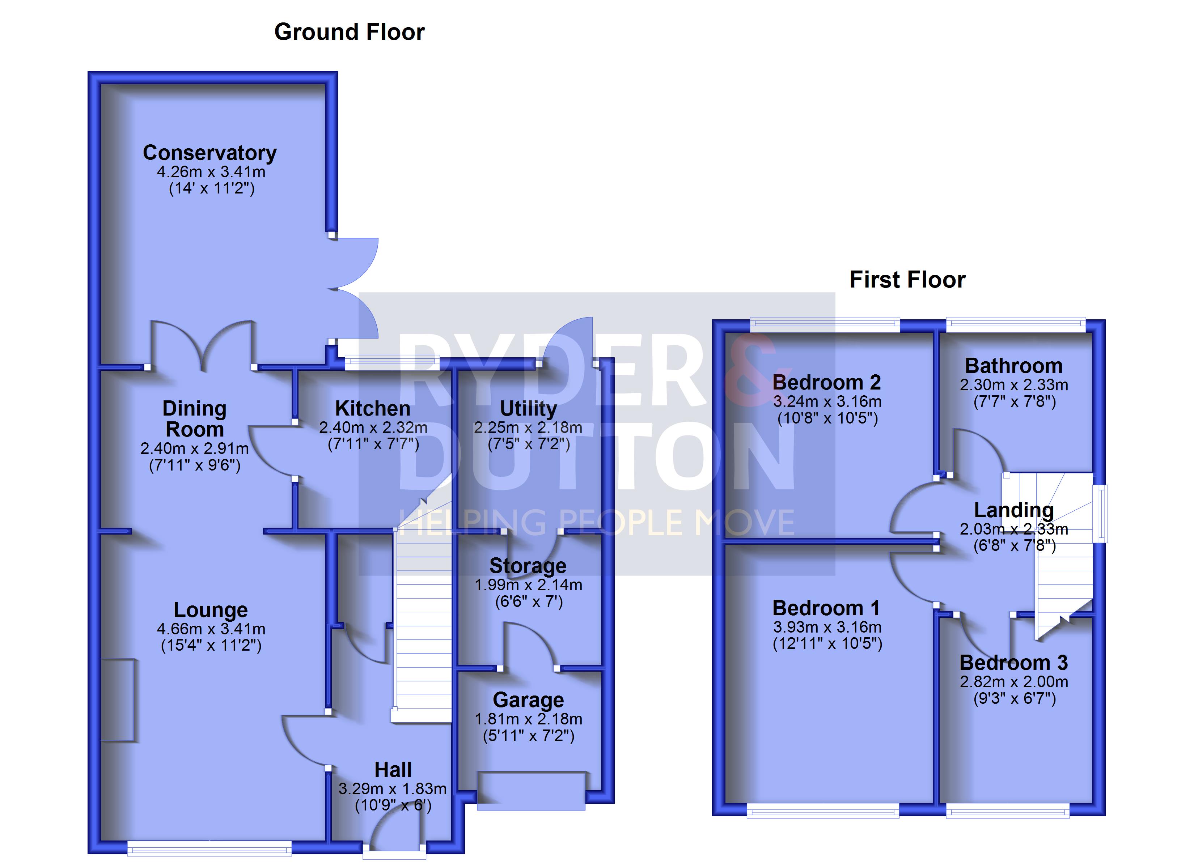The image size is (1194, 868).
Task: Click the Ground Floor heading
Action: (x=350, y=32)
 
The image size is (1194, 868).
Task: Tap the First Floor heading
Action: (x=907, y=280)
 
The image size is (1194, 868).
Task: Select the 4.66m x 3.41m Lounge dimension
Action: (x=211, y=629)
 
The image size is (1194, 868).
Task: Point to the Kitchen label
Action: (x=373, y=408)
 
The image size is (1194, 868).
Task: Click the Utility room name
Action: (x=528, y=408)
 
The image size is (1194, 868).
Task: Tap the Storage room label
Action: (x=528, y=566)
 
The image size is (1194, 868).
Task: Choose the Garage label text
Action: (x=528, y=700)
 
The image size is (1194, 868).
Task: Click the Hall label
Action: (x=393, y=770)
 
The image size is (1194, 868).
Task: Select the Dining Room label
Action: (x=194, y=419)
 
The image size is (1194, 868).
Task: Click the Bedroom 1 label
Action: (x=826, y=608)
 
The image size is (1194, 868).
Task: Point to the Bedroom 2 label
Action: (x=826, y=383)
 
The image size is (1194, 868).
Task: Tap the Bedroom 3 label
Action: (x=1013, y=663)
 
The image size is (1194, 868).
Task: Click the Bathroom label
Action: (x=1013, y=366)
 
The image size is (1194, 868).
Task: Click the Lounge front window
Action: (x=209, y=847)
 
